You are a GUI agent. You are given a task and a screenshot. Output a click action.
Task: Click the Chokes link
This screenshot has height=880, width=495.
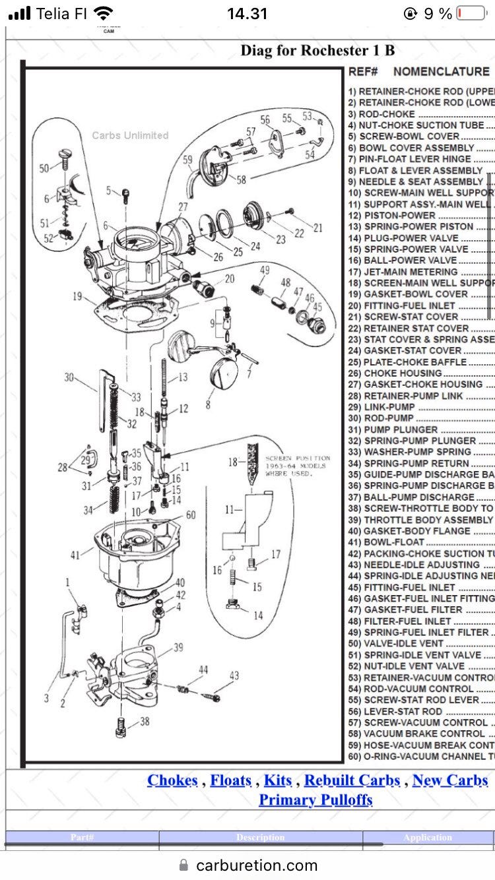tap(172, 780)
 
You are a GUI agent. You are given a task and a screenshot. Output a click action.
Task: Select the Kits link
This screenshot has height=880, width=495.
tap(278, 780)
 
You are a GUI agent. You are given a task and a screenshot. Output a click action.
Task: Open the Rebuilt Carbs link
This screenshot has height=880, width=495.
tap(352, 780)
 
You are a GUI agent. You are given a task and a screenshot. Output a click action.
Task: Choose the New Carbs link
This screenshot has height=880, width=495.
tap(449, 780)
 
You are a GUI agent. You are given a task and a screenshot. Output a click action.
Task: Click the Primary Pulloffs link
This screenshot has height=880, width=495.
tap(315, 800)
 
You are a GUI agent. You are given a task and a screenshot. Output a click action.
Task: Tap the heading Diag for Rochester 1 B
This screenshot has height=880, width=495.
tap(317, 50)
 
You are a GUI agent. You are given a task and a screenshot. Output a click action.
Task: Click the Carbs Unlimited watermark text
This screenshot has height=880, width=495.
tap(130, 135)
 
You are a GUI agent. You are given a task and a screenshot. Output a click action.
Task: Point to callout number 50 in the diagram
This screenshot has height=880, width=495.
tap(44, 168)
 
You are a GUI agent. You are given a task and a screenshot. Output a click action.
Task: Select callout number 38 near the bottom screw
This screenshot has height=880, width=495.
tap(144, 721)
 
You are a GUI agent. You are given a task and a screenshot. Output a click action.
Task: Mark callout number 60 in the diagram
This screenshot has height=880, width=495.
tap(190, 515)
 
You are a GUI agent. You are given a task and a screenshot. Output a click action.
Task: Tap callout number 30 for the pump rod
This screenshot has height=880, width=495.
tap(69, 377)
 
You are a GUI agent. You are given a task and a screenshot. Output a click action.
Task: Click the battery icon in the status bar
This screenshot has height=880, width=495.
tap(471, 13)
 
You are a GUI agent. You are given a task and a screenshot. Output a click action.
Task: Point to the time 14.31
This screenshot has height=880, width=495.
tap(247, 13)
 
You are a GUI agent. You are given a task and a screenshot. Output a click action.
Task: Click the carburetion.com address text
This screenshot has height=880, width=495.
tap(257, 865)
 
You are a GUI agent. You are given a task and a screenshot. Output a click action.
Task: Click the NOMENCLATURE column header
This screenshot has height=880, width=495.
tap(441, 72)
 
